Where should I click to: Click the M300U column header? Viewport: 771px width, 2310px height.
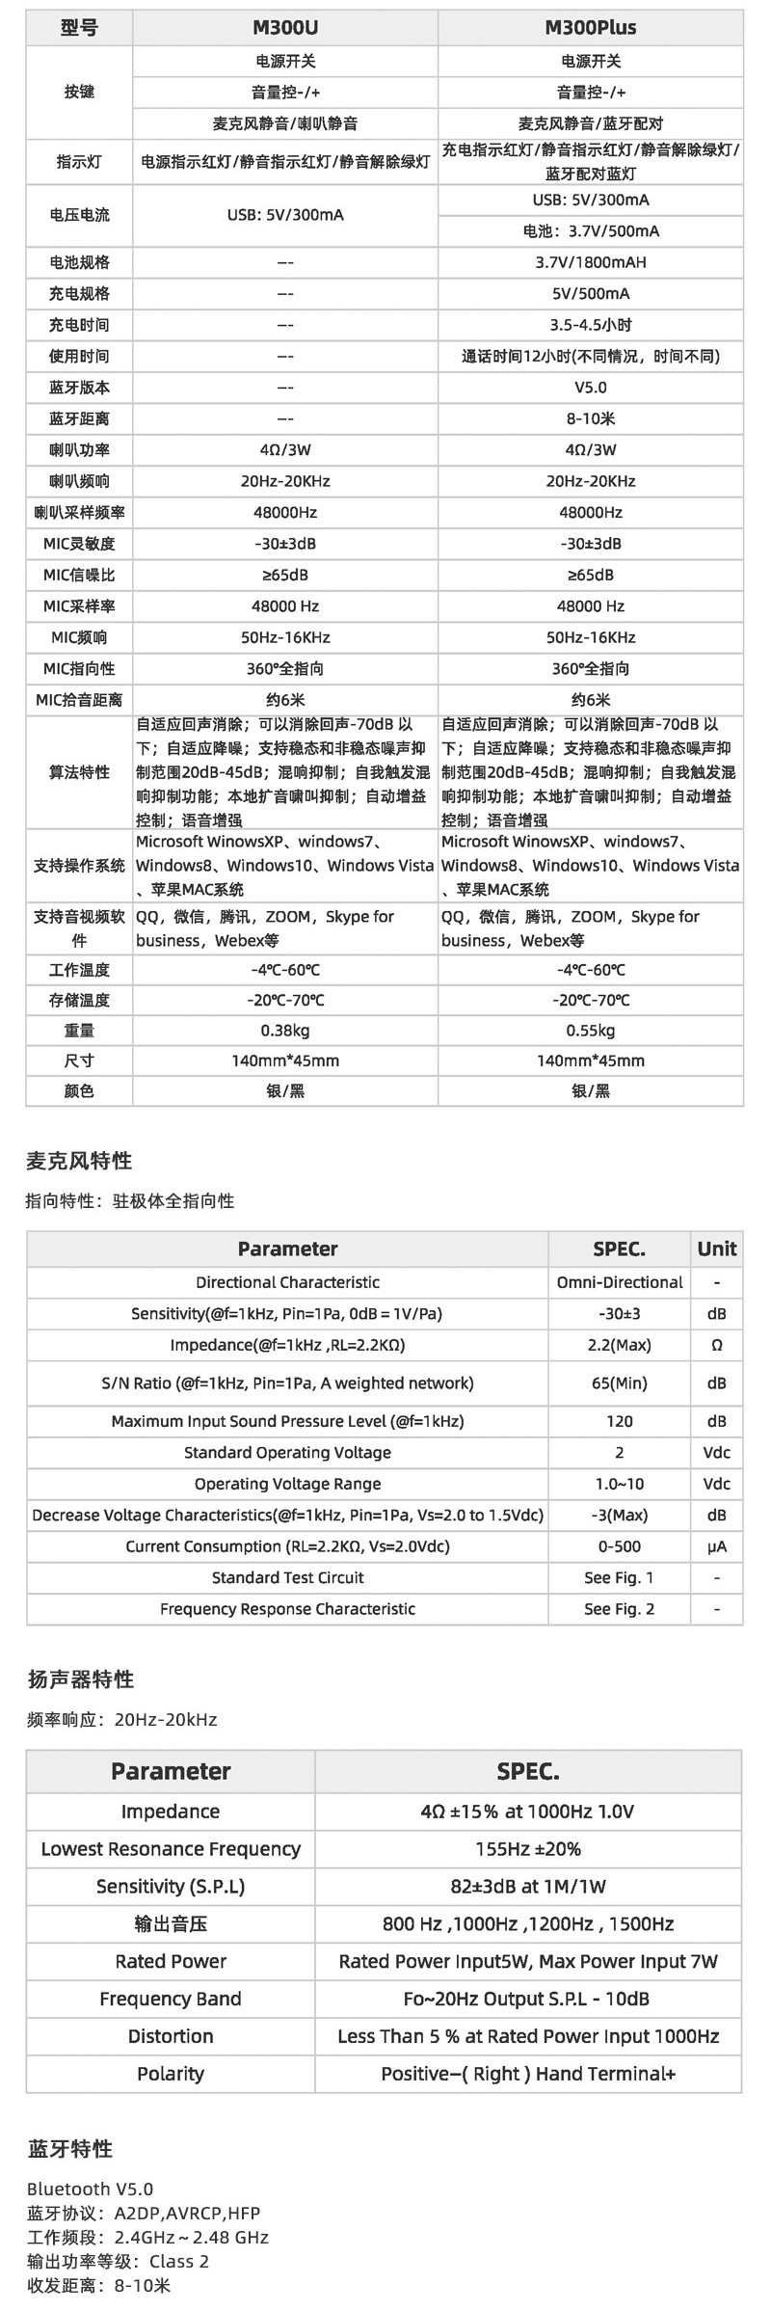(x=284, y=27)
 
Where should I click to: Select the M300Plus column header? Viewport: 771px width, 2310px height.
(x=590, y=27)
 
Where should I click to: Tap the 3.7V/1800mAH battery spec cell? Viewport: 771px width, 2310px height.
(x=590, y=262)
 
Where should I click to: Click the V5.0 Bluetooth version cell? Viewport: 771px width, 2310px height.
(x=590, y=388)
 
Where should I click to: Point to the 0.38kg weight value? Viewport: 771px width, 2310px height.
(x=284, y=1031)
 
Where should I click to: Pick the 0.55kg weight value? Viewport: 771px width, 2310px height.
(x=590, y=1031)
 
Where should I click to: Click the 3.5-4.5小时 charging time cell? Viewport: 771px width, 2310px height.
(x=590, y=325)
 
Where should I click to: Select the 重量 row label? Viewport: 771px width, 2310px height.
(x=79, y=1031)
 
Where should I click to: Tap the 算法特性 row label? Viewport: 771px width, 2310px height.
(x=79, y=772)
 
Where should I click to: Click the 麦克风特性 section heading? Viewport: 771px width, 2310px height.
(x=79, y=1161)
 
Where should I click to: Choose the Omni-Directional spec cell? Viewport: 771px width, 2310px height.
(x=619, y=1282)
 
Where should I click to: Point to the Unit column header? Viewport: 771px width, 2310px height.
(x=716, y=1249)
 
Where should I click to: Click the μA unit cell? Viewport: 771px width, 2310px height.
(x=716, y=1546)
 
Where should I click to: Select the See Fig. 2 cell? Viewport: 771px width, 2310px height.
(x=619, y=1609)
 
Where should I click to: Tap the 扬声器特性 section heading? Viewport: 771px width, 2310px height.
(x=80, y=1679)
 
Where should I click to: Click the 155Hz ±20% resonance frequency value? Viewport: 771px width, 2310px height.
(x=527, y=1849)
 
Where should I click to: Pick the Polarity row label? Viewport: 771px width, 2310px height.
(x=171, y=2074)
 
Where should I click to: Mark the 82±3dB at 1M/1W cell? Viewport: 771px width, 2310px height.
(x=527, y=1887)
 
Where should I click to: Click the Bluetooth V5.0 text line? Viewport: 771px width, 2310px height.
(x=90, y=2189)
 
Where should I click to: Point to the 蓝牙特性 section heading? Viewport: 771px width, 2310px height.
(x=69, y=2149)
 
